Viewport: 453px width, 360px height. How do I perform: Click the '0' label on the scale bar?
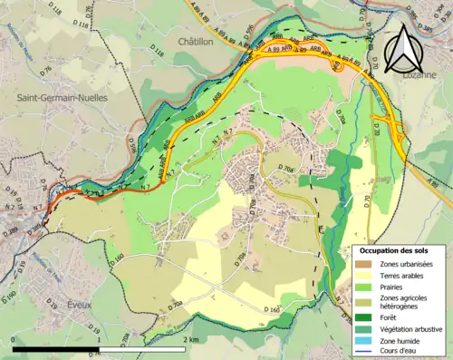point(13,339)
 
